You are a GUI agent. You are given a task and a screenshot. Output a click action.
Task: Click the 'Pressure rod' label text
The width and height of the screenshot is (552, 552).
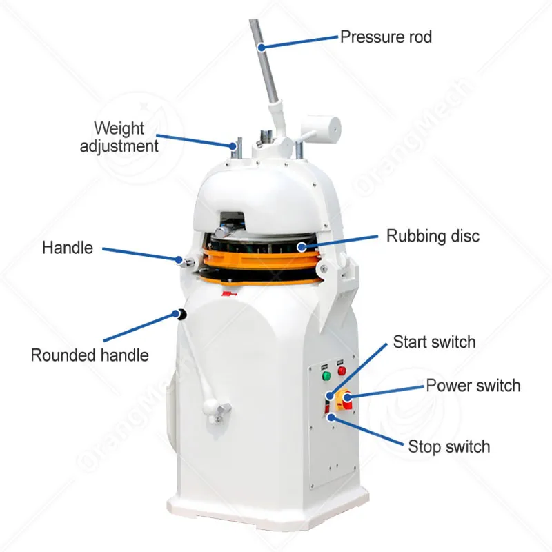(386, 37)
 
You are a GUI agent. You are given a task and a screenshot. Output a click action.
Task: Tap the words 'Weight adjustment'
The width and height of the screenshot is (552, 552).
(119, 137)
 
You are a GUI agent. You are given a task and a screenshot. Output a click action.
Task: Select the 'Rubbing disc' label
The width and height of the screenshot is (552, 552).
(433, 236)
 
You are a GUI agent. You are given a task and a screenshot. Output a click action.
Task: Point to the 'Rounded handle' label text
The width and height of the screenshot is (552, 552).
(90, 355)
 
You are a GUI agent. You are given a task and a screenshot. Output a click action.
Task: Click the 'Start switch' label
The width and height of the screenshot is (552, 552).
(434, 342)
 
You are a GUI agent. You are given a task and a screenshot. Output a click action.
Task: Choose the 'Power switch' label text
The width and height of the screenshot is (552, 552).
(473, 385)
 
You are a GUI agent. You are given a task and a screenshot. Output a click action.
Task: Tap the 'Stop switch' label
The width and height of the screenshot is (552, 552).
(448, 446)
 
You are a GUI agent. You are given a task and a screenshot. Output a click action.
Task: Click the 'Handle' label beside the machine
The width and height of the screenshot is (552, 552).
(68, 247)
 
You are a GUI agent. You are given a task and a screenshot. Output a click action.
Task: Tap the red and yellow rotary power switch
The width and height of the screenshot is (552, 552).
(344, 397)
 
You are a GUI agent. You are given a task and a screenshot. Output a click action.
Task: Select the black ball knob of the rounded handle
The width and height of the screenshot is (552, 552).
(181, 315)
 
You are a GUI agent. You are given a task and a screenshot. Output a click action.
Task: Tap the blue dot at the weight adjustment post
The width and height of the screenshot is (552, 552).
(233, 145)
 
